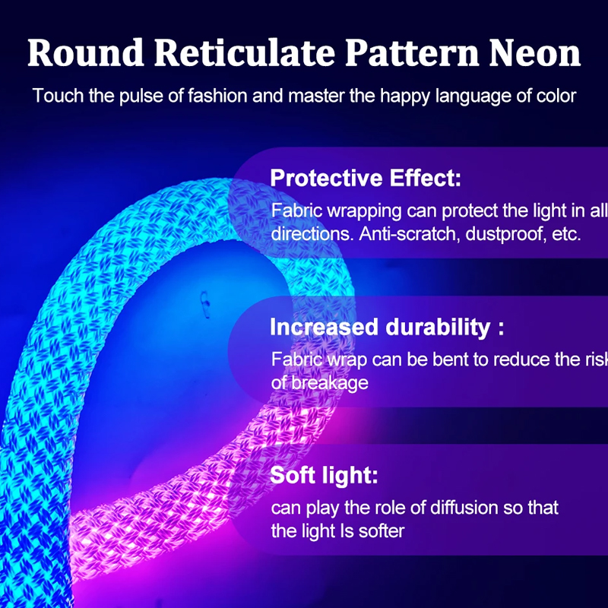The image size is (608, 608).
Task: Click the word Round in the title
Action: (86, 53)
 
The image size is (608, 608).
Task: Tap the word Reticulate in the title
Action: (244, 52)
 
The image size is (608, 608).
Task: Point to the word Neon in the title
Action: (535, 53)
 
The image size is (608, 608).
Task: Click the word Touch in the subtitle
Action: (58, 96)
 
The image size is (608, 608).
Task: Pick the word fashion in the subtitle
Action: (217, 96)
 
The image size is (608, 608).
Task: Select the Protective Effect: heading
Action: (366, 178)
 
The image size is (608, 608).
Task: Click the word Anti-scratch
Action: (409, 234)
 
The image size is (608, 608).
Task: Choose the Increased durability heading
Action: (387, 327)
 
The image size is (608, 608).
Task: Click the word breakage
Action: (330, 384)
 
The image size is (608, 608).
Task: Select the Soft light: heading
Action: (324, 476)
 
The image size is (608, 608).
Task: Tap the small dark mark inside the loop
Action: (204, 302)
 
